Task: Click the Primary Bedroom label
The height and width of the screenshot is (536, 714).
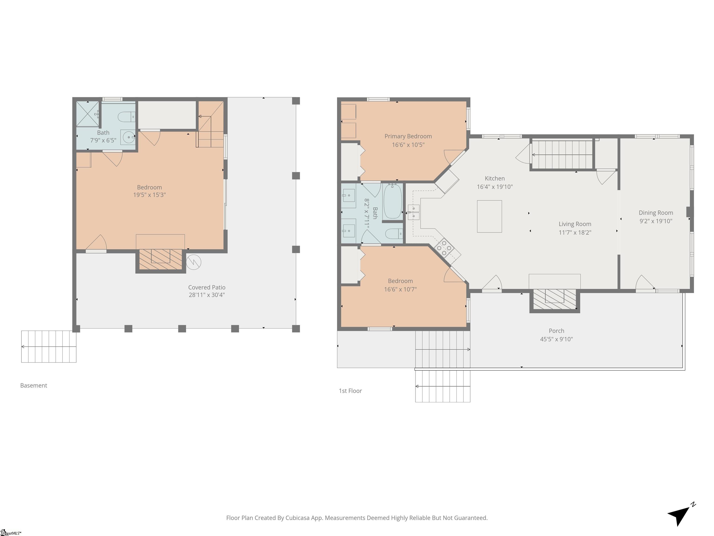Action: pos(408,136)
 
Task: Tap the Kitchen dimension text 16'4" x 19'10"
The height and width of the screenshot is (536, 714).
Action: pos(495,187)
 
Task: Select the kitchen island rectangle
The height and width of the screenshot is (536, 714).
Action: pos(489,216)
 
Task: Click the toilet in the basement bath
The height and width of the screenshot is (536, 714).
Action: pos(126,117)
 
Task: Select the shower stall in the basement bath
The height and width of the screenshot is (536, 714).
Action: pos(87,114)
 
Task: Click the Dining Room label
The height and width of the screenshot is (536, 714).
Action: pos(656,213)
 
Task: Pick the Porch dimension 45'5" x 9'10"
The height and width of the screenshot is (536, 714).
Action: pos(556,339)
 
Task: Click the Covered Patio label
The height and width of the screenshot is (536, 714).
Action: pos(207,287)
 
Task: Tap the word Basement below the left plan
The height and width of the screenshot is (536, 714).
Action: pos(33,385)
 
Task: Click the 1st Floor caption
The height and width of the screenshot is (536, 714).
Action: pos(350,391)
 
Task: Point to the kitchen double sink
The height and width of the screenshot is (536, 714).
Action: pos(413,212)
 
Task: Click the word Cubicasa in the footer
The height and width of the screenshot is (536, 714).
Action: pos(298,518)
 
